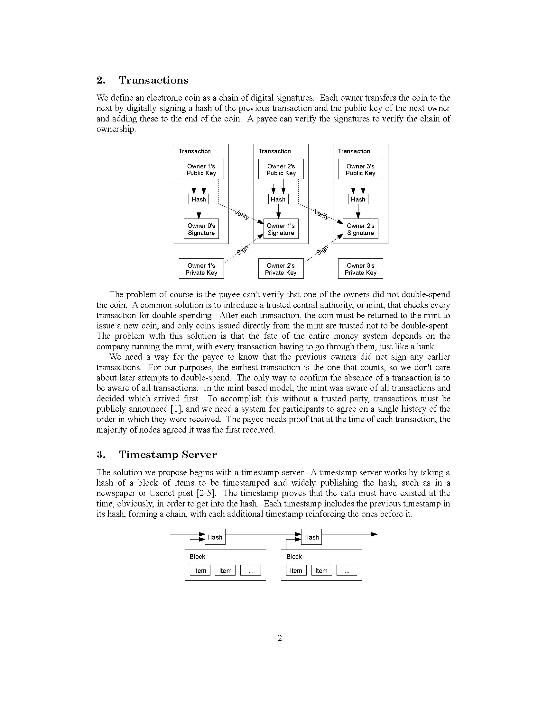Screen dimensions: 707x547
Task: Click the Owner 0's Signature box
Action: [201, 229]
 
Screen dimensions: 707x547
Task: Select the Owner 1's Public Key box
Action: [201, 169]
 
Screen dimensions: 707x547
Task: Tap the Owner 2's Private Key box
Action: [281, 269]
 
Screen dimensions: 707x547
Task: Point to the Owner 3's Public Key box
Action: [360, 169]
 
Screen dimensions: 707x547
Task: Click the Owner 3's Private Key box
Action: [360, 269]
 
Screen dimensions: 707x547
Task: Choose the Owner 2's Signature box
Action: [360, 229]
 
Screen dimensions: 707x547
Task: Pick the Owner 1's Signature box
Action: [281, 229]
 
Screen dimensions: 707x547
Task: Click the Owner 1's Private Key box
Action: [201, 269]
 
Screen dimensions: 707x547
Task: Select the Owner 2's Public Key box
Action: [281, 169]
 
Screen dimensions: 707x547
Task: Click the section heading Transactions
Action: [153, 80]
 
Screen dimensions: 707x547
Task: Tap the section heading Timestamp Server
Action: [168, 454]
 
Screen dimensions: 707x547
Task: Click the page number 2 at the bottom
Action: [280, 638]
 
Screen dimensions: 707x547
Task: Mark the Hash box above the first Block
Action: [215, 537]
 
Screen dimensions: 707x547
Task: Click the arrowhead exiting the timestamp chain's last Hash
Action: [374, 534]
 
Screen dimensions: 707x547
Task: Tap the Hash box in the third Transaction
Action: [358, 199]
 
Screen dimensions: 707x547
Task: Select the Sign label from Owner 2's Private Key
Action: [322, 250]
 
